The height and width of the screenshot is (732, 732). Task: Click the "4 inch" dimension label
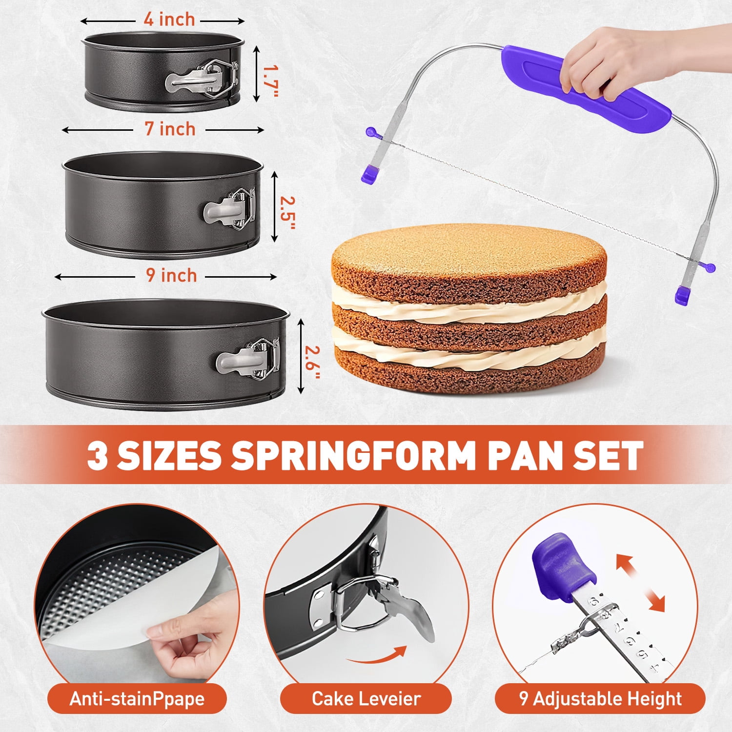pos(169,20)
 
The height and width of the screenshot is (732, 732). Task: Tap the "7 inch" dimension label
pos(170,129)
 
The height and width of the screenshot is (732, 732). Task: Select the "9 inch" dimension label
pos(171,276)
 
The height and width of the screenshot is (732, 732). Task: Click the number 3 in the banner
pos(97,455)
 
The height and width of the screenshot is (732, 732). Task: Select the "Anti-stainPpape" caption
pos(137,699)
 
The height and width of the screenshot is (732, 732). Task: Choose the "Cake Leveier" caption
pos(366,699)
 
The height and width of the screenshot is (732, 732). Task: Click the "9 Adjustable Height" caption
pos(600,699)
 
